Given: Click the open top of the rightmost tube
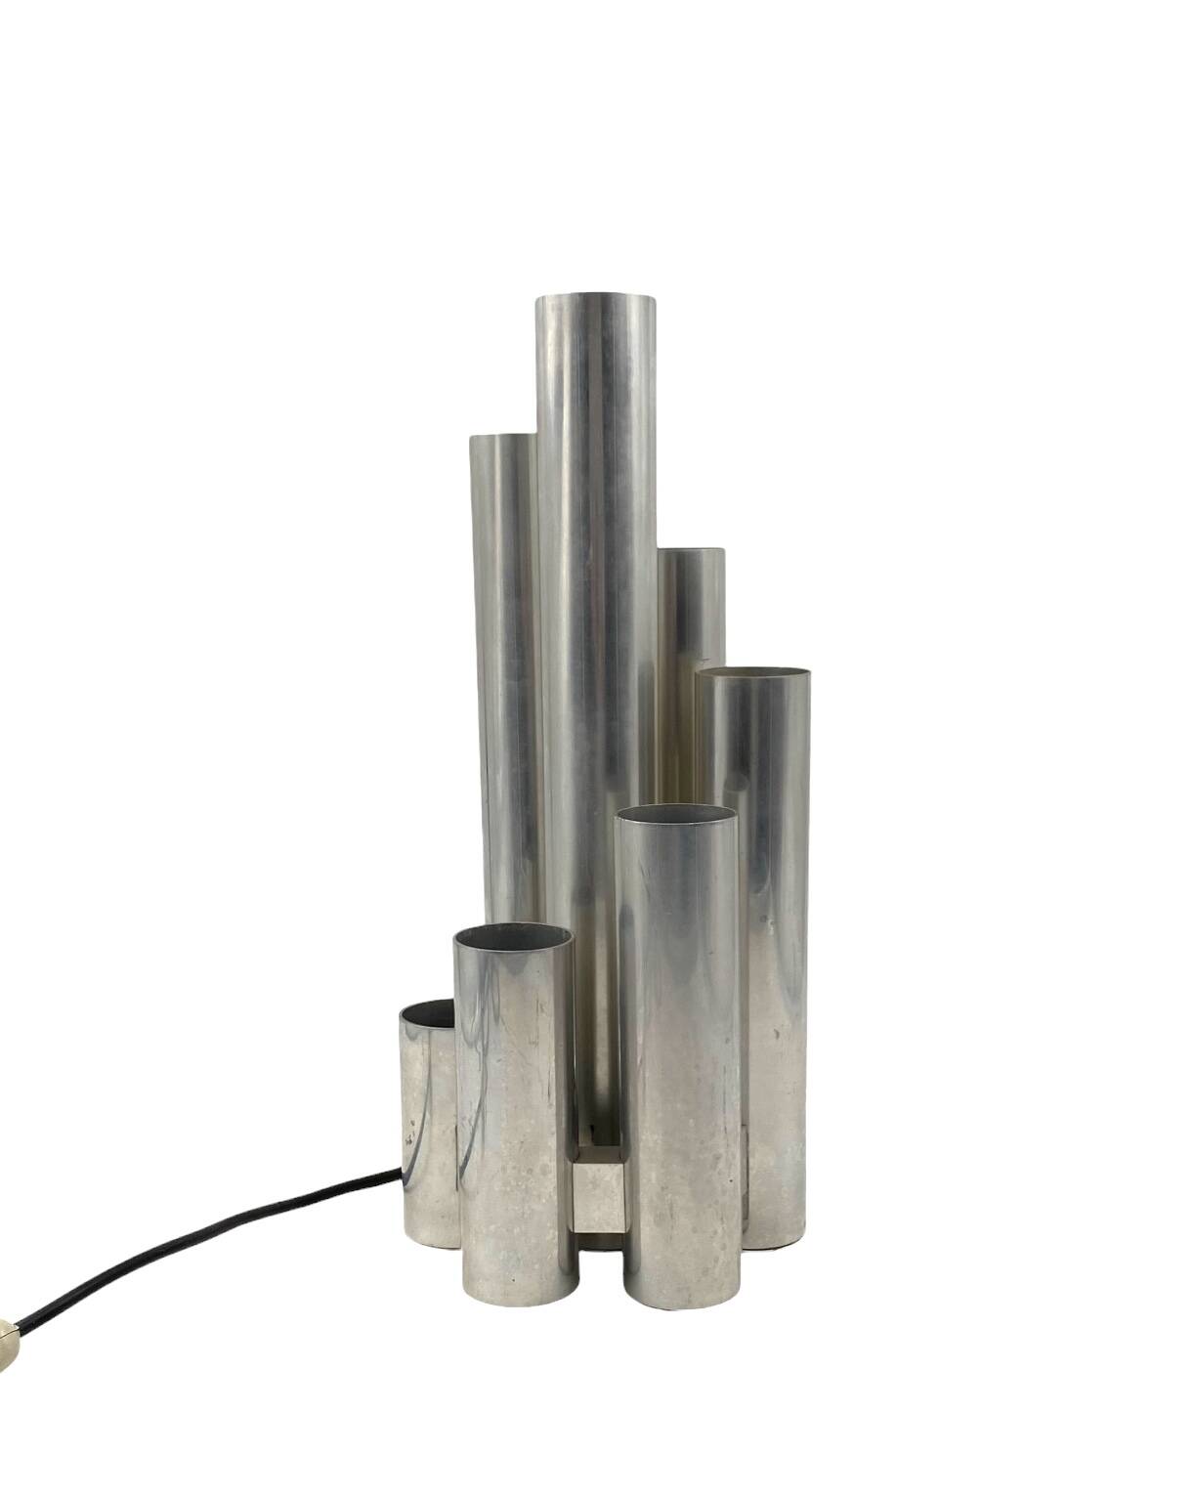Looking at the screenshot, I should (759, 676).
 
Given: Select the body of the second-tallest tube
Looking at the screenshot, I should (504, 684).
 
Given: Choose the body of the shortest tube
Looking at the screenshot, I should (428, 1124).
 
